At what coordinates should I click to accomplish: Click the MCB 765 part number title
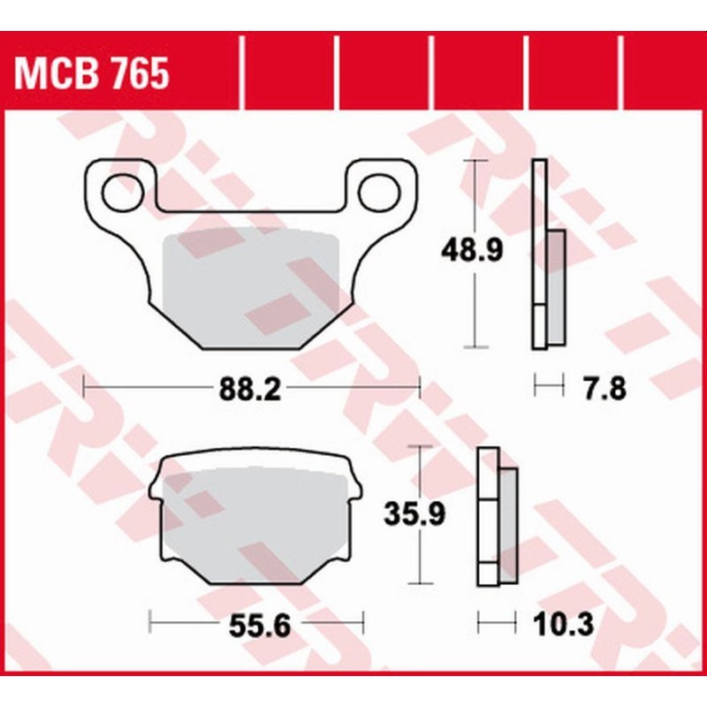point(91,75)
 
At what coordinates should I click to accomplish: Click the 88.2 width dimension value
point(250,390)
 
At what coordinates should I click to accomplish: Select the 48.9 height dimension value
point(473,252)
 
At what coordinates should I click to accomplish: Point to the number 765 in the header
point(136,75)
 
